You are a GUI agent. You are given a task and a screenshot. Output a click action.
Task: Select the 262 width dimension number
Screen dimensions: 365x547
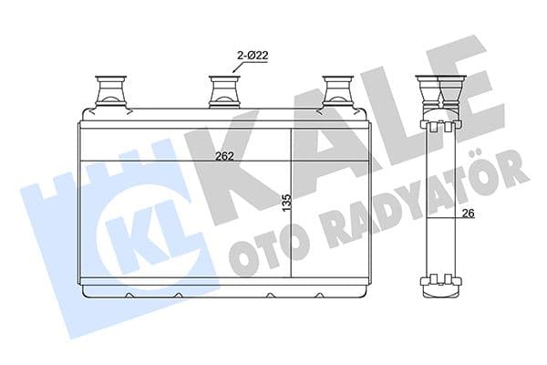pos(225,156)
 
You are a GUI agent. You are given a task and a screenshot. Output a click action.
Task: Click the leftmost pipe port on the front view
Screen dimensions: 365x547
pos(110,91)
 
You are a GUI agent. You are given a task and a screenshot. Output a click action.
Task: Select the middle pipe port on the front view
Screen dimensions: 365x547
pos(224,91)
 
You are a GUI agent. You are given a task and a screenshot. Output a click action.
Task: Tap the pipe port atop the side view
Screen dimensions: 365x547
pos(439,92)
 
